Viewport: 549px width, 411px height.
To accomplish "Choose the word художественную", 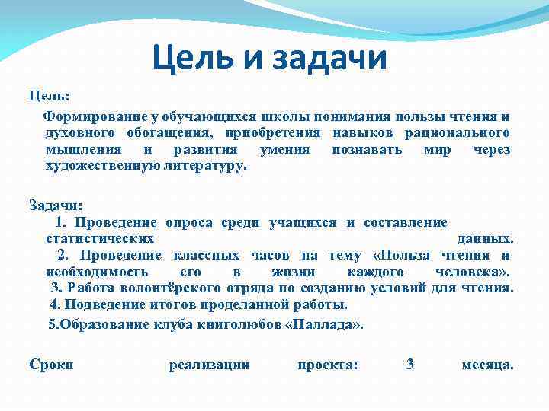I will coord(104,165).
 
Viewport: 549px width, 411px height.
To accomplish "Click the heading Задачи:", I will coord(56,205).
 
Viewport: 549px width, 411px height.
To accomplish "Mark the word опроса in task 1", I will coord(189,222).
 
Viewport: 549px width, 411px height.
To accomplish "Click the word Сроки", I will coord(51,365).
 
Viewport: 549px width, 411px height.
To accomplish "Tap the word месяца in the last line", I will coord(487,365).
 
